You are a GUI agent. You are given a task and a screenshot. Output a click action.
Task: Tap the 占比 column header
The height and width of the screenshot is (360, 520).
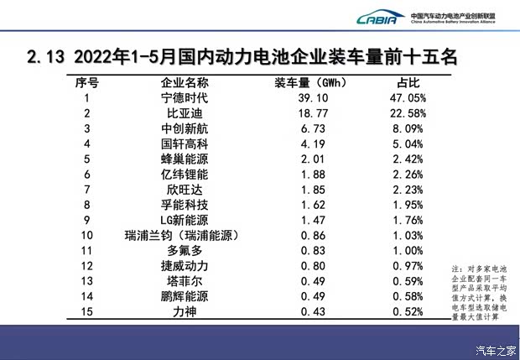[x=407, y=82]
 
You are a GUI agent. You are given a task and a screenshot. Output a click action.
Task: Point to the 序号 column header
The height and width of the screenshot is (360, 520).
[x=87, y=82]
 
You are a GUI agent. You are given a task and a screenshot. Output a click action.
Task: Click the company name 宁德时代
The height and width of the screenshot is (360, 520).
[x=185, y=97]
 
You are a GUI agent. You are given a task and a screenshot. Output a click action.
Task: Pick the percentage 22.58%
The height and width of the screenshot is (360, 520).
[x=406, y=113]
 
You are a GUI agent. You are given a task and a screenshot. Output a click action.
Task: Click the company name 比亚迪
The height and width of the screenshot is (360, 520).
[x=185, y=113]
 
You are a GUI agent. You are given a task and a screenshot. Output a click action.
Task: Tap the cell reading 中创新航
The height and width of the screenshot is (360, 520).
[x=185, y=128]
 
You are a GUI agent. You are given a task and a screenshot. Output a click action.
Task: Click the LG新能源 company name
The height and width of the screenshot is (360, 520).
[x=185, y=220]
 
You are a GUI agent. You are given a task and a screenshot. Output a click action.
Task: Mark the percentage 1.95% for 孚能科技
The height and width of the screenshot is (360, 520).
[x=406, y=205]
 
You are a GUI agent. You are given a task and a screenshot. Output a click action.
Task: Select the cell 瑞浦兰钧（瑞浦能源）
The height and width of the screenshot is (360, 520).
[x=185, y=236]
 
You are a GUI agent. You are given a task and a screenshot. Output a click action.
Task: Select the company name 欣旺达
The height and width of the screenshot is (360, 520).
[x=185, y=190]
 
